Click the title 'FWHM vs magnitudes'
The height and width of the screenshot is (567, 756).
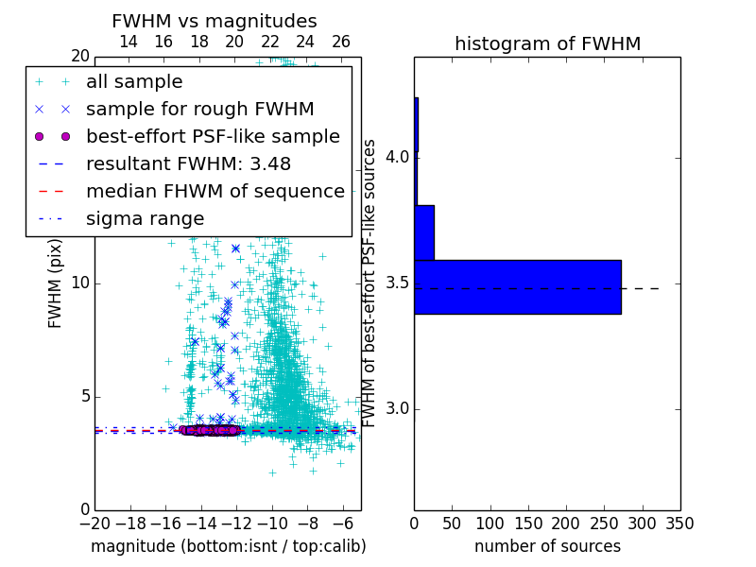(x=215, y=22)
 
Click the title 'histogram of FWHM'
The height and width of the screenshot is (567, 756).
(x=547, y=43)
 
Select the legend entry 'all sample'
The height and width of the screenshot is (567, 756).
(x=134, y=82)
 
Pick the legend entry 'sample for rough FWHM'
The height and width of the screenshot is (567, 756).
(x=199, y=109)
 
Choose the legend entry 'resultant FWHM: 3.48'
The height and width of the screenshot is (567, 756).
(x=188, y=163)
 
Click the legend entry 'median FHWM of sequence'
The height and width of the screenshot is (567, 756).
(x=215, y=191)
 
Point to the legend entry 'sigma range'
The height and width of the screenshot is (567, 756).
(x=145, y=218)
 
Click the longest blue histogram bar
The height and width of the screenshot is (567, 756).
(x=518, y=286)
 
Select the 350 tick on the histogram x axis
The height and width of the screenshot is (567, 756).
(x=679, y=523)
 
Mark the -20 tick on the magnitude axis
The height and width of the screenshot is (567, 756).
(x=94, y=523)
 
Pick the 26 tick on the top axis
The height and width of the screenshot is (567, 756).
(x=341, y=42)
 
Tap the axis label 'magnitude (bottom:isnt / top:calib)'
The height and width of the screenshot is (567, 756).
(x=228, y=546)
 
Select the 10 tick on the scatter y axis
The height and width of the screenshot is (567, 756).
(x=80, y=283)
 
